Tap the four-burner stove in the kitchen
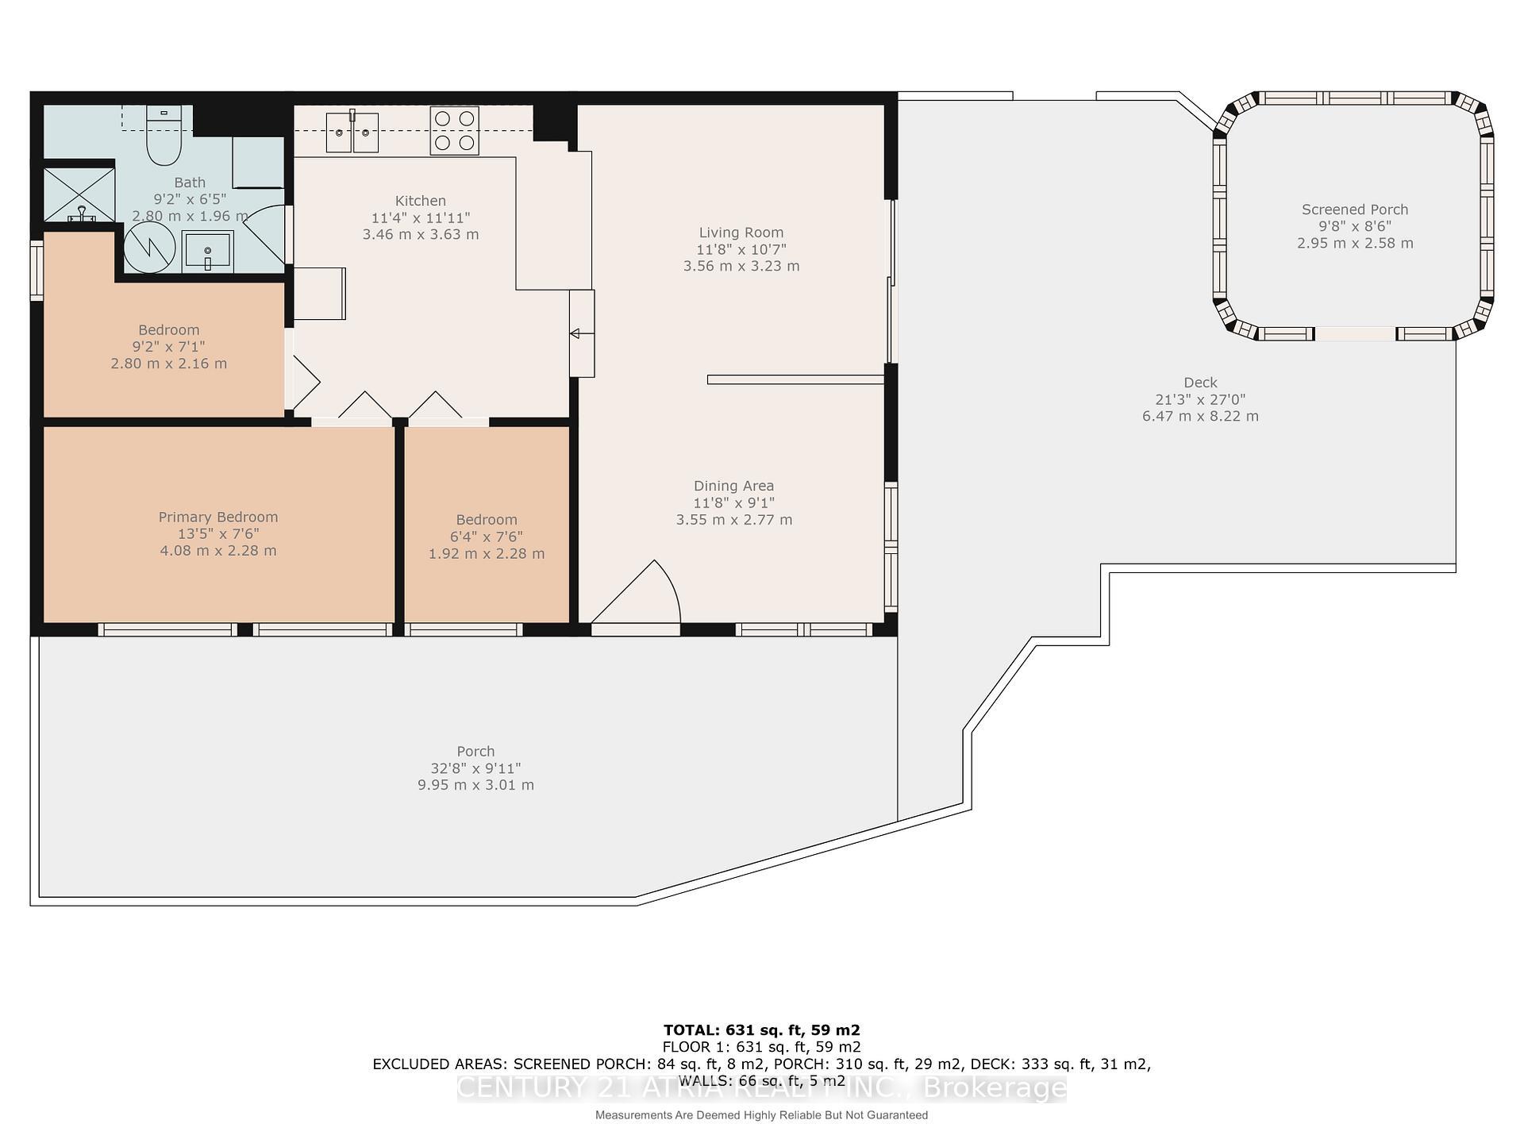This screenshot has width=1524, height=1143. pyautogui.click(x=455, y=130)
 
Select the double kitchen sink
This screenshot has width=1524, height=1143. pyautogui.click(x=352, y=133)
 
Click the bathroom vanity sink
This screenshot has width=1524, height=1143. pyautogui.click(x=207, y=252)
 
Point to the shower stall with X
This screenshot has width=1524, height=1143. pyautogui.click(x=79, y=194)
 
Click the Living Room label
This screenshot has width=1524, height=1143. pyautogui.click(x=741, y=233)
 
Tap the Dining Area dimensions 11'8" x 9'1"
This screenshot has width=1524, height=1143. pyautogui.click(x=733, y=502)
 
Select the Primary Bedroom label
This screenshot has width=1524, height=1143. pyautogui.click(x=218, y=517)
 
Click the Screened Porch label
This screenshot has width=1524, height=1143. pyautogui.click(x=1354, y=210)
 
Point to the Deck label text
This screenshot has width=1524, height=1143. pyautogui.click(x=1200, y=383)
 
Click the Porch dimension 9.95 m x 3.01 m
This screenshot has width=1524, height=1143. pyautogui.click(x=475, y=785)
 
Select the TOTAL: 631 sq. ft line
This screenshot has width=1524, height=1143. pyautogui.click(x=761, y=1029)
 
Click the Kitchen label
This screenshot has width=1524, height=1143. pyautogui.click(x=421, y=201)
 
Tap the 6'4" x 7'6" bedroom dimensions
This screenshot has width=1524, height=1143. pyautogui.click(x=487, y=537)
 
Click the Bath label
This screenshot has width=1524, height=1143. pyautogui.click(x=190, y=183)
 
